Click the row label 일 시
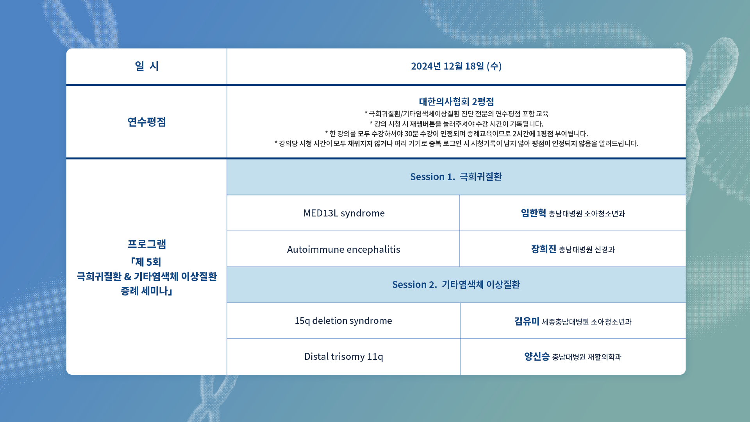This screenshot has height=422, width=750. tap(146, 66)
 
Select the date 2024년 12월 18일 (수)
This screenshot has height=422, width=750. tap(456, 66)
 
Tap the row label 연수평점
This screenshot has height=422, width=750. tap(146, 122)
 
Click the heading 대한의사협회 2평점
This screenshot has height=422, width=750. tap(456, 102)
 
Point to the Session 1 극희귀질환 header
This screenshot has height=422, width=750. tap(456, 177)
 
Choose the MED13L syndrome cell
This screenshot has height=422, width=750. tap(344, 213)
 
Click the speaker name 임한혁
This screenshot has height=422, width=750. tap(533, 213)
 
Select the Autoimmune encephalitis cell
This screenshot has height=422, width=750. tap(343, 249)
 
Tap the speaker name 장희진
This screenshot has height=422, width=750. tap(543, 249)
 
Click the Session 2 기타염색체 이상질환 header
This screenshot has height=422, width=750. tap(456, 284)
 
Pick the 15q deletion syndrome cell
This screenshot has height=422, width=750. tap(343, 320)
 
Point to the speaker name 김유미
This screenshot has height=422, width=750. tap(527, 321)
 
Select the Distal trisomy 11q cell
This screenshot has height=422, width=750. tap(343, 356)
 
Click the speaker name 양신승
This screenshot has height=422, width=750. tap(537, 356)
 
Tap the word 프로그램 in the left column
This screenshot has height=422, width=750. tap(146, 244)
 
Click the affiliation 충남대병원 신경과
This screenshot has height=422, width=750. tap(587, 249)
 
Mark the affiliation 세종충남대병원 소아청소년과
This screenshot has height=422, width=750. tap(587, 322)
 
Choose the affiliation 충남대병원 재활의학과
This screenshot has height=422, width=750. tap(587, 357)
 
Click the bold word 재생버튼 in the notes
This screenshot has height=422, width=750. tap(422, 124)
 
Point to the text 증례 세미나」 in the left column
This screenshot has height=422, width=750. tap(146, 291)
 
